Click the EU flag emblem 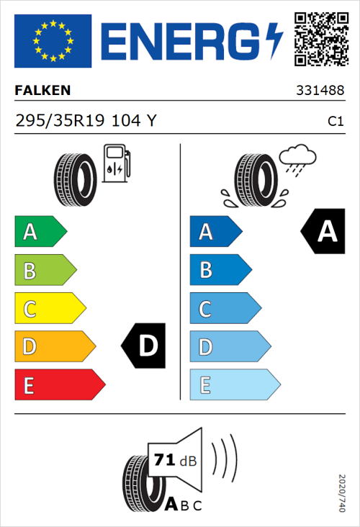[53, 41]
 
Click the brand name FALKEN [42, 91]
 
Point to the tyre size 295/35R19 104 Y [85, 121]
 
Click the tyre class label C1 [335, 122]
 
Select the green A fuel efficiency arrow [40, 232]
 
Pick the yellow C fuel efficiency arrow [49, 309]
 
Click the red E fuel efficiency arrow [59, 385]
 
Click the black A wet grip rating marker [324, 232]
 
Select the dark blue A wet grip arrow [215, 232]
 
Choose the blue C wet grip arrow [224, 309]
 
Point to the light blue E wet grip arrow [233, 385]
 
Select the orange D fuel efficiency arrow [54, 347]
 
